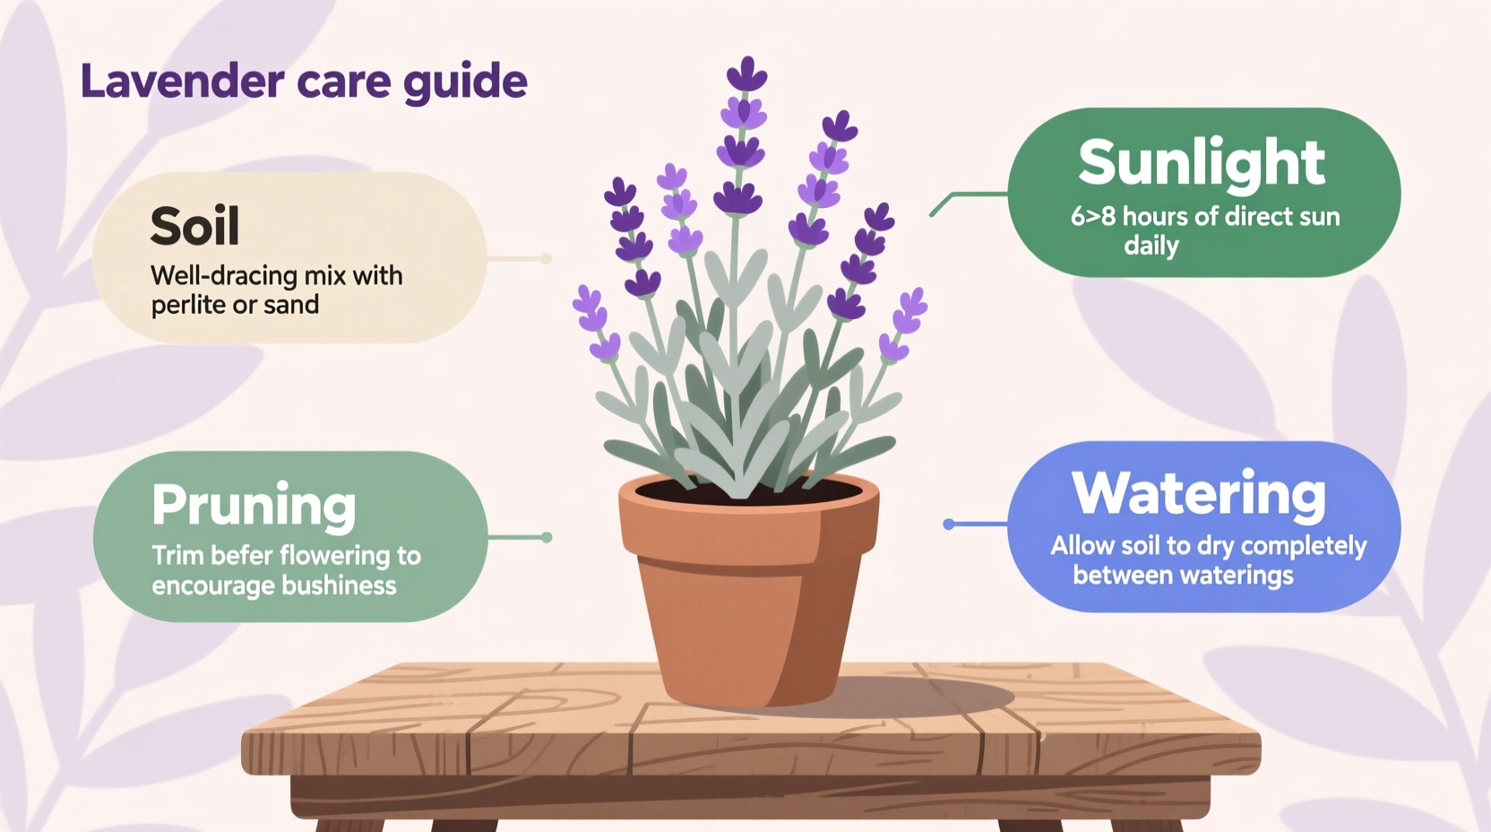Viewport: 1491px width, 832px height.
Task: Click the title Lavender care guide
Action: (304, 82)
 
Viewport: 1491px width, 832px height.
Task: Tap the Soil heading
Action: (194, 226)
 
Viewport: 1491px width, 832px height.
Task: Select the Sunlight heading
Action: (1202, 163)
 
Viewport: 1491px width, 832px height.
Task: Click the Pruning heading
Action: (254, 505)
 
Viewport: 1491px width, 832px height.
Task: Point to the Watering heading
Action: (1199, 493)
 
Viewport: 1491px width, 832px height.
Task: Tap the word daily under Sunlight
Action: (1151, 246)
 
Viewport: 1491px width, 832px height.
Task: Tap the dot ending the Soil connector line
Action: (546, 259)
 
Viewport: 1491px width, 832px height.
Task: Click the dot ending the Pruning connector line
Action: (547, 538)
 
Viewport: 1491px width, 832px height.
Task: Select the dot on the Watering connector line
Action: (949, 524)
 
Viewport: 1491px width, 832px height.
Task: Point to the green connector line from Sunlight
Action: (972, 195)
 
